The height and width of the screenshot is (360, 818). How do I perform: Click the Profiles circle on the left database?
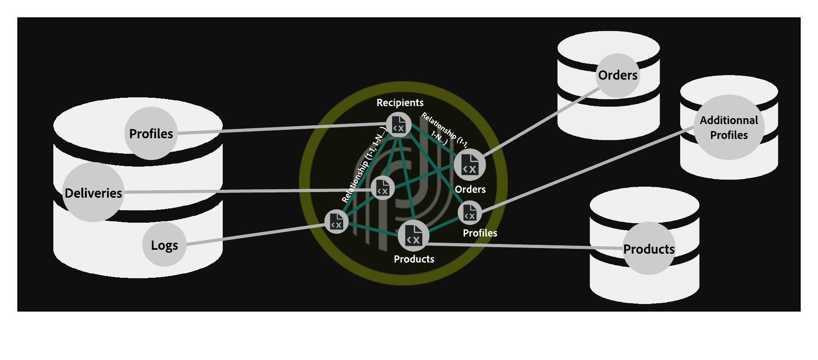pyautogui.click(x=151, y=133)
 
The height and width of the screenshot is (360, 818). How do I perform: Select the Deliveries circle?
pyautogui.click(x=93, y=192)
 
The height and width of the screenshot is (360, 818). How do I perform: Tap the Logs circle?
pyautogui.click(x=164, y=245)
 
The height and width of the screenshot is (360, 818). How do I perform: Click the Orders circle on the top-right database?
pyautogui.click(x=618, y=75)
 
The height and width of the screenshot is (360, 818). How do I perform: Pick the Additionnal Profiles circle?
pyautogui.click(x=729, y=127)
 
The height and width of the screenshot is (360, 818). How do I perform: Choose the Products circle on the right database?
pyautogui.click(x=649, y=248)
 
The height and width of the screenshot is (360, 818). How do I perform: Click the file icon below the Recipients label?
pyautogui.click(x=398, y=124)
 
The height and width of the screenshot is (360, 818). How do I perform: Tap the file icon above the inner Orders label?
pyautogui.click(x=469, y=165)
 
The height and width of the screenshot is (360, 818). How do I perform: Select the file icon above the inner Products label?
pyautogui.click(x=413, y=236)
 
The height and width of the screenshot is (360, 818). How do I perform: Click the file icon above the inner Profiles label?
pyautogui.click(x=469, y=212)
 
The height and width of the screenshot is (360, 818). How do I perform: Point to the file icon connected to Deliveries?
pyautogui.click(x=382, y=188)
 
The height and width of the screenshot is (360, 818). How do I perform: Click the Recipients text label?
pyautogui.click(x=400, y=103)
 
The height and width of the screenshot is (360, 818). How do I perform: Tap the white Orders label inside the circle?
pyautogui.click(x=470, y=189)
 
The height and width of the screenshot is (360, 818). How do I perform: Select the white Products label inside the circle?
pyautogui.click(x=413, y=259)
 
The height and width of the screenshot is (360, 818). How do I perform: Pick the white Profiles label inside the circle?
pyautogui.click(x=480, y=233)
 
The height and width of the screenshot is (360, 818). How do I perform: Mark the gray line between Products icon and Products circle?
pyautogui.click(x=525, y=246)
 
